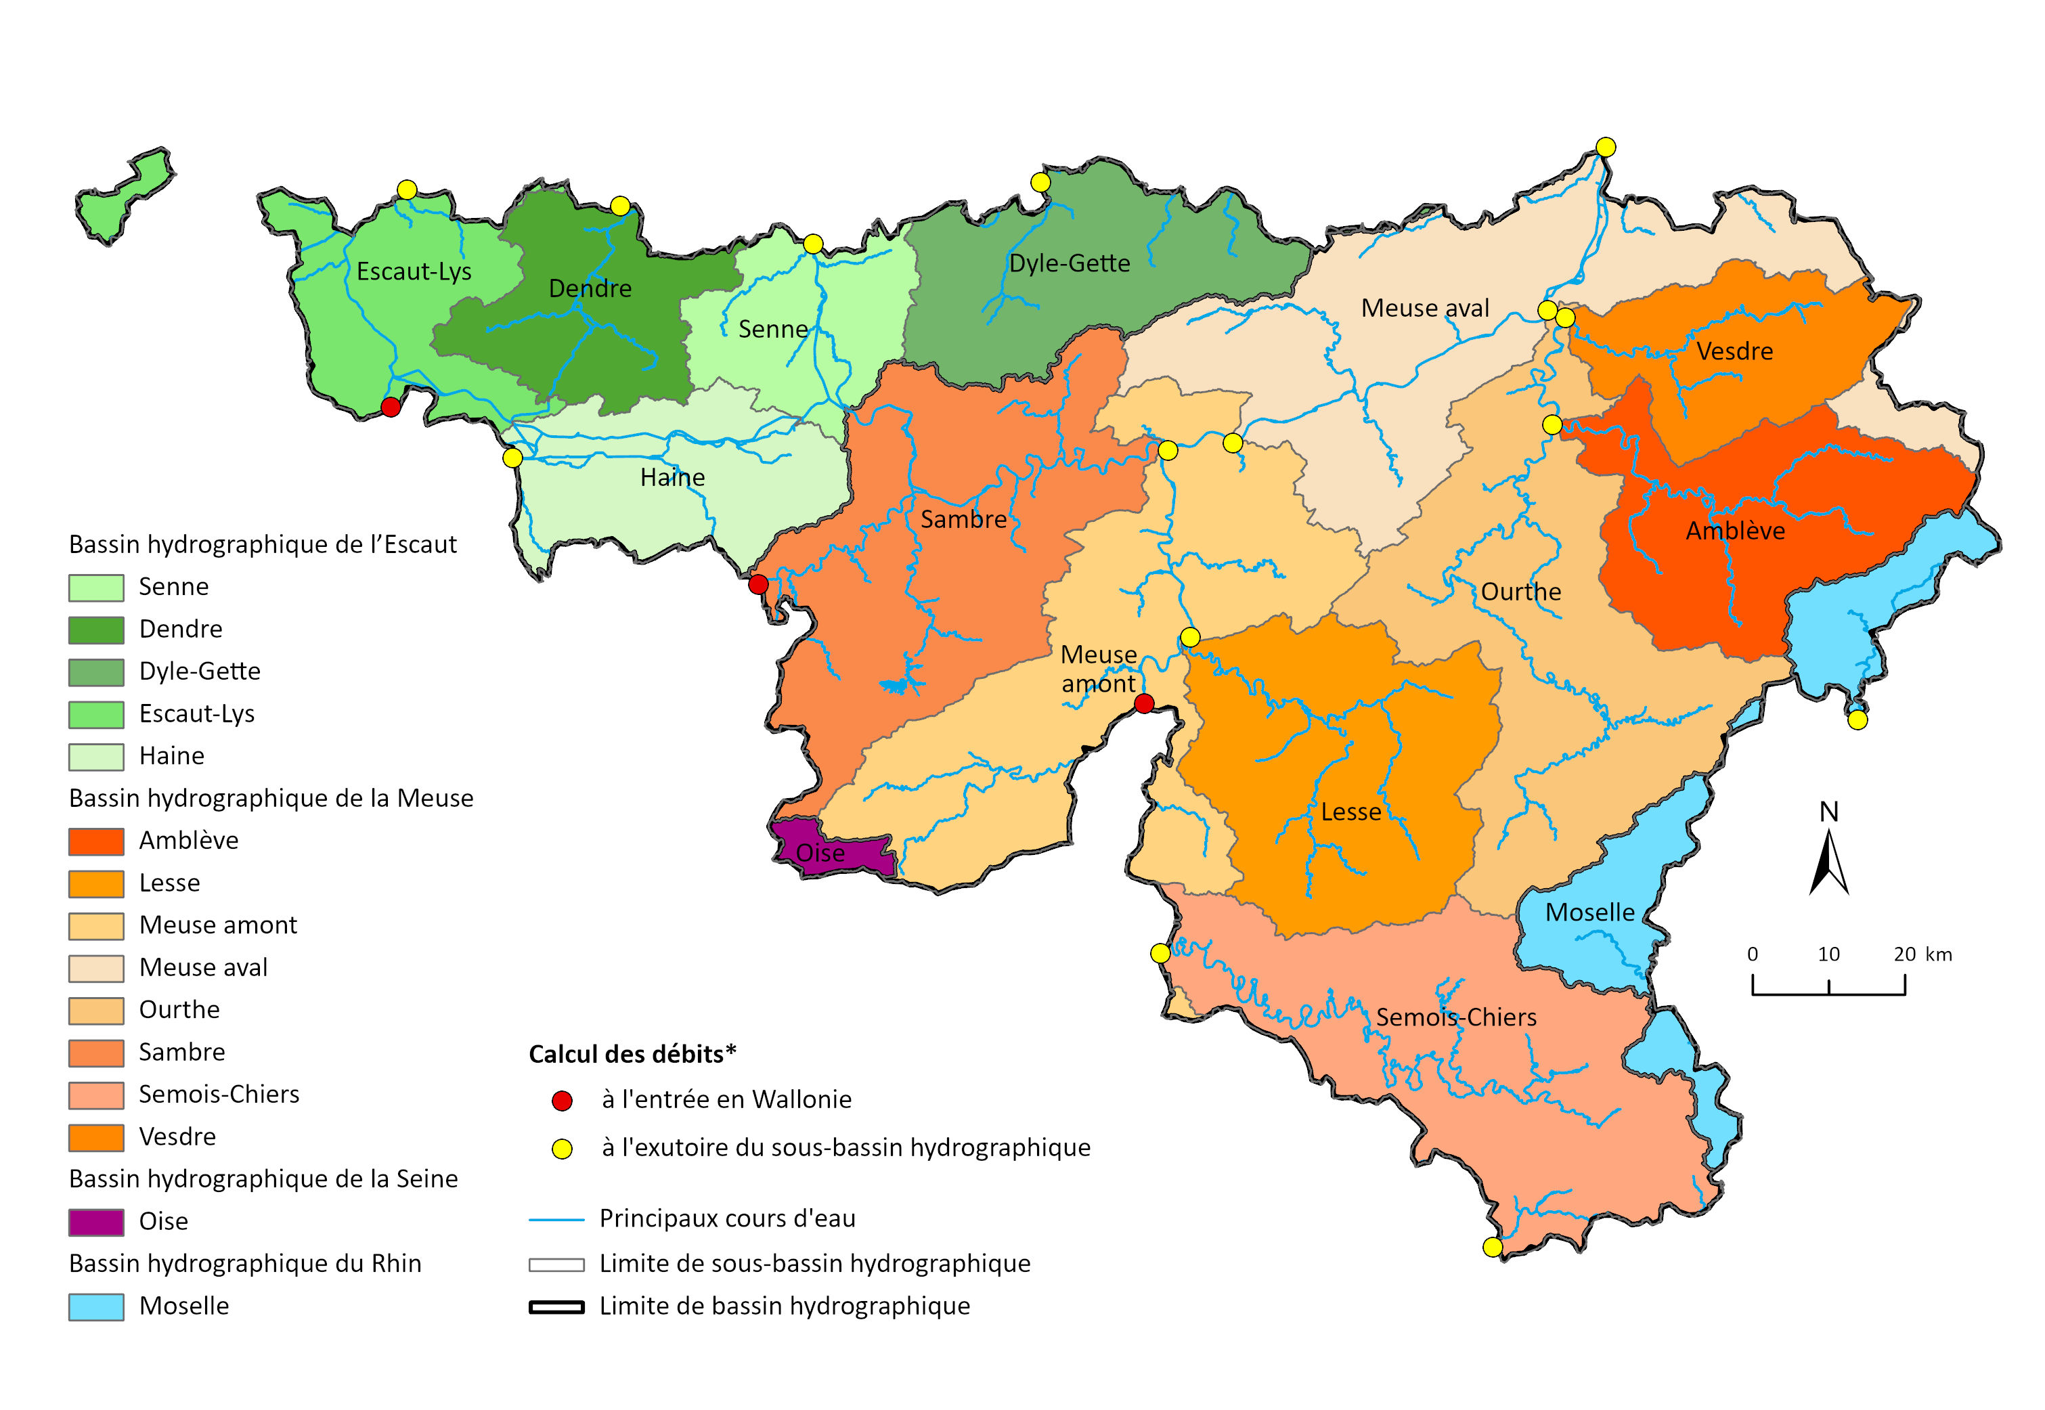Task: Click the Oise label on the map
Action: click(x=820, y=852)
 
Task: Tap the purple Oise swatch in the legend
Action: click(x=96, y=1222)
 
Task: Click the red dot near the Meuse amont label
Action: click(x=1144, y=703)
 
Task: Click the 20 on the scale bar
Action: click(x=1905, y=954)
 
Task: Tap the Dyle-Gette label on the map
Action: click(x=1069, y=263)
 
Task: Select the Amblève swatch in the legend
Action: click(x=96, y=841)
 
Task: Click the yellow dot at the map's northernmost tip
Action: click(x=1606, y=147)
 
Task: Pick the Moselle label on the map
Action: click(x=1589, y=912)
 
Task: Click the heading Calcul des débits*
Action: click(x=632, y=1053)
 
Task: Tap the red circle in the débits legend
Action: click(x=562, y=1101)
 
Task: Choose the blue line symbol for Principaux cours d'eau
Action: click(x=556, y=1219)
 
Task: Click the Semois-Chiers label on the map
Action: click(x=1456, y=1017)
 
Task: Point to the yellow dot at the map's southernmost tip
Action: click(x=1492, y=1248)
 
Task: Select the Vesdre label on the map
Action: click(x=1734, y=351)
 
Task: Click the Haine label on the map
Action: click(x=672, y=477)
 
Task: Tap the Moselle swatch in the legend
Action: click(x=96, y=1306)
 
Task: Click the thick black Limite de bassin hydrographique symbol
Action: click(x=556, y=1306)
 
